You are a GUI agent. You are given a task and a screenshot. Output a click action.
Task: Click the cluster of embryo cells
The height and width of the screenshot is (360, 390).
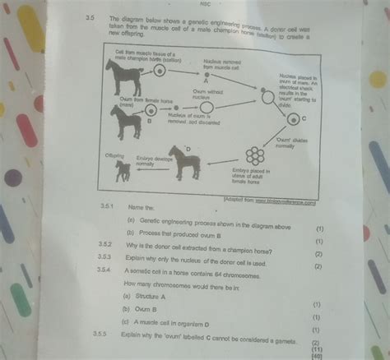click(x=255, y=155)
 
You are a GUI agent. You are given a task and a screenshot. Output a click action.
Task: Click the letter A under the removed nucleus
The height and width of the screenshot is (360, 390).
click(x=204, y=82)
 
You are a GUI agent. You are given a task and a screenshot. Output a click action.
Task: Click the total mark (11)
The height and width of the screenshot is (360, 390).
click(x=317, y=348)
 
